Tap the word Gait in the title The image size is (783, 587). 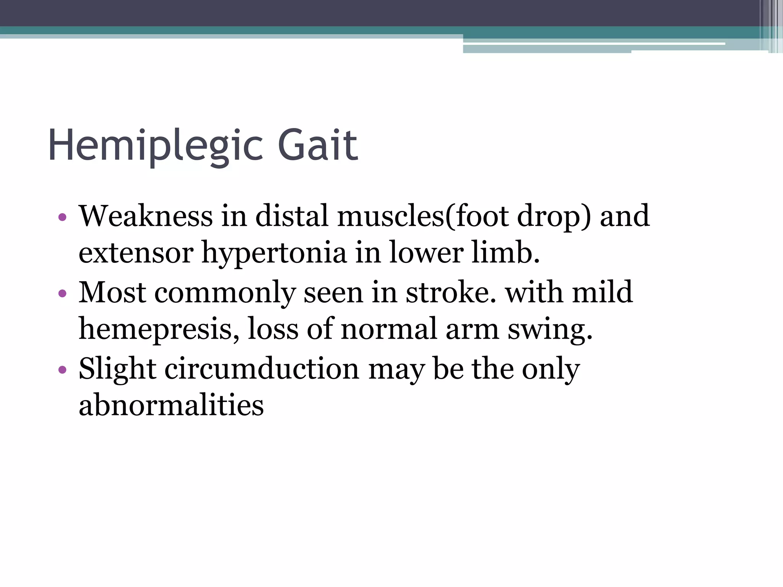[x=318, y=146]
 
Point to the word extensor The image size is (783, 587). [x=136, y=253]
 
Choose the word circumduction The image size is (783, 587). [x=262, y=368]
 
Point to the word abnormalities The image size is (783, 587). [x=171, y=405]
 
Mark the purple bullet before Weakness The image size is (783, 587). [x=63, y=218]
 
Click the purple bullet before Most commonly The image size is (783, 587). [x=63, y=294]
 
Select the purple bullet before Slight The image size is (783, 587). [x=63, y=370]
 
